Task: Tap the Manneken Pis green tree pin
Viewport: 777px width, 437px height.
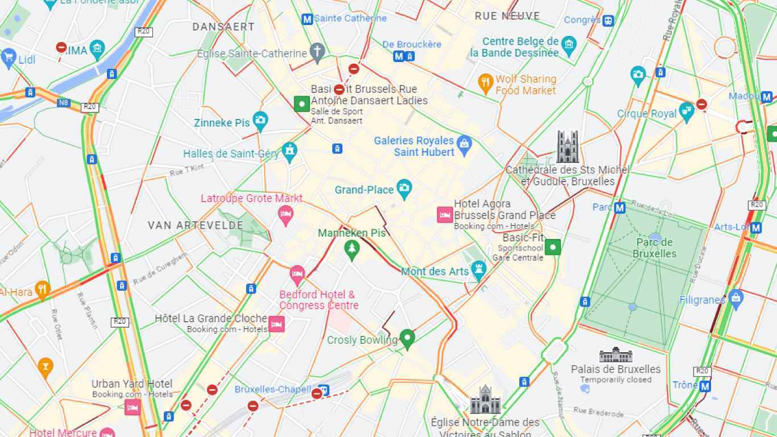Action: [x=352, y=249]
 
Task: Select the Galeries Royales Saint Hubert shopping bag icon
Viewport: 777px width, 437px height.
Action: [x=464, y=145]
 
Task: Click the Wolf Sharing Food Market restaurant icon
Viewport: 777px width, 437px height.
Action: [x=485, y=84]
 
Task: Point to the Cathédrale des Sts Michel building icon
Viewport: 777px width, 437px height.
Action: [x=567, y=147]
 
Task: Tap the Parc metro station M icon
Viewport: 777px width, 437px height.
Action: [x=619, y=208]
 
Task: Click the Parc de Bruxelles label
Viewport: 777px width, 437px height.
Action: [x=655, y=248]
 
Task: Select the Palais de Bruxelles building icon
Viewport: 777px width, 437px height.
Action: [x=615, y=355]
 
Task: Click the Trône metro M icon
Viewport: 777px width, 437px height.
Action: [x=705, y=386]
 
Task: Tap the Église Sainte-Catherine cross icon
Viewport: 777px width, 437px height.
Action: [x=317, y=52]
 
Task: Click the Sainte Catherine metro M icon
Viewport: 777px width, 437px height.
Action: [x=307, y=19]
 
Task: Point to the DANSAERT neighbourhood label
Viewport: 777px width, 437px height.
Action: [x=224, y=27]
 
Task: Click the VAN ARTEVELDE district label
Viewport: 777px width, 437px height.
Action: [x=196, y=225]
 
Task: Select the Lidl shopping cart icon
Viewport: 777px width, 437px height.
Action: [x=9, y=57]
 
